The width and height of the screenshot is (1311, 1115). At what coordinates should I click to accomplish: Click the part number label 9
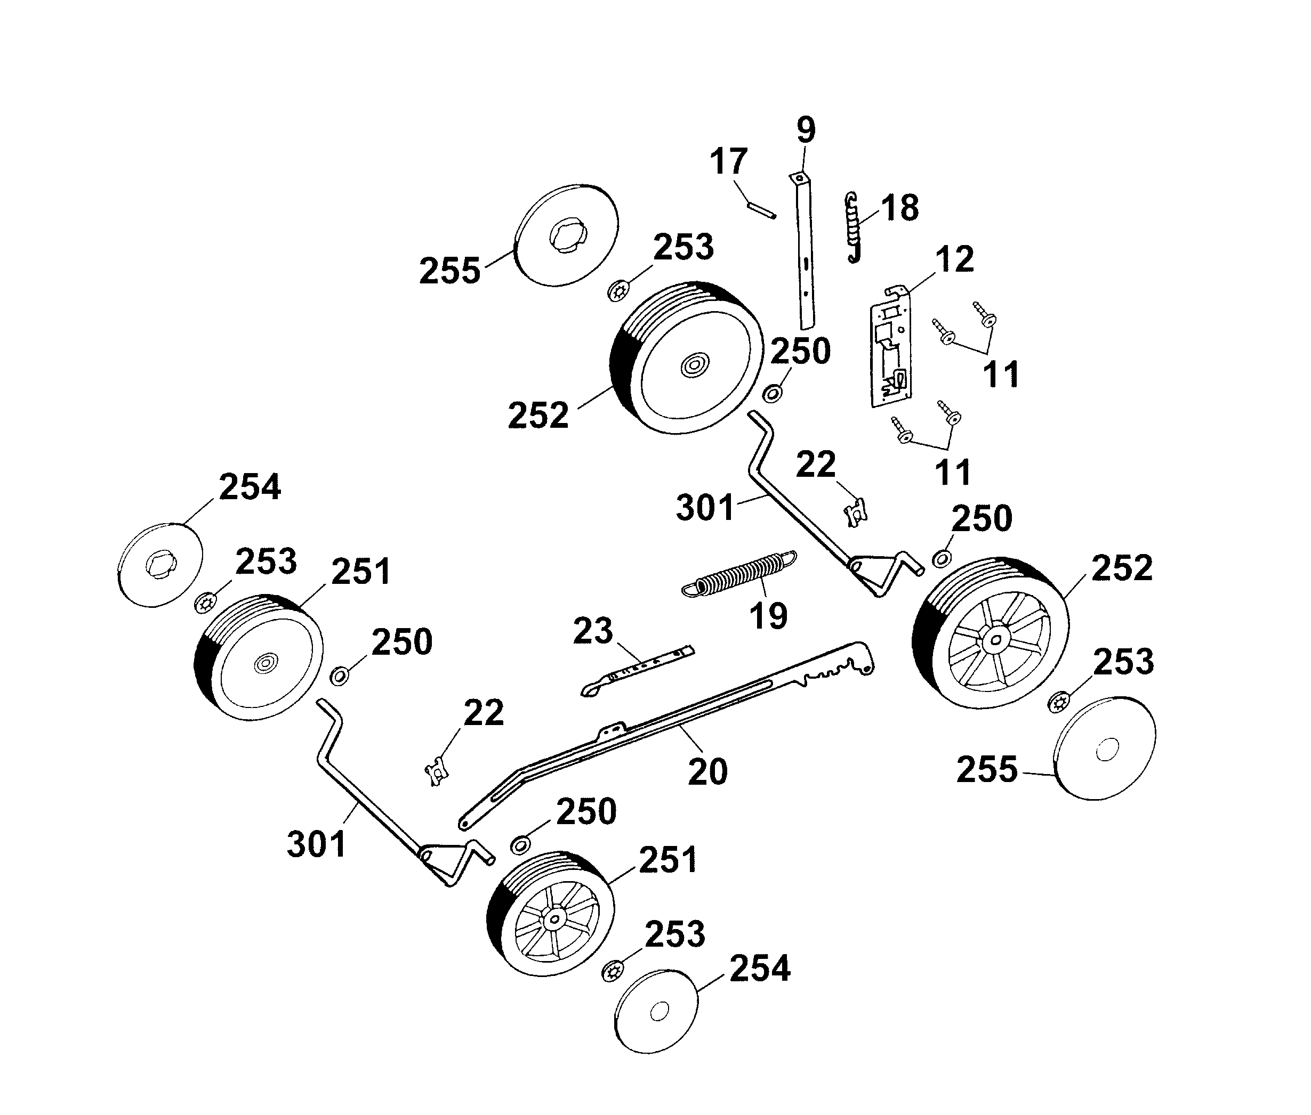[805, 130]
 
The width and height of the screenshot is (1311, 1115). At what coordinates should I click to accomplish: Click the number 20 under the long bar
[707, 771]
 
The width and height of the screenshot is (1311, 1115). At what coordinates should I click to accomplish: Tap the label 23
[592, 631]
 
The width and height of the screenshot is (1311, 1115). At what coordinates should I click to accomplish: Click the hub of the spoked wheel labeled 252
[995, 640]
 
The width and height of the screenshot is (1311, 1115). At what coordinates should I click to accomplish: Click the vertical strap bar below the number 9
[804, 253]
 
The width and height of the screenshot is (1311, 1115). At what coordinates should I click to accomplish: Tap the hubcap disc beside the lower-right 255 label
[1104, 749]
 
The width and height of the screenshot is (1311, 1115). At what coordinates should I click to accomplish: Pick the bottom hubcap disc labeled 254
[656, 1011]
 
